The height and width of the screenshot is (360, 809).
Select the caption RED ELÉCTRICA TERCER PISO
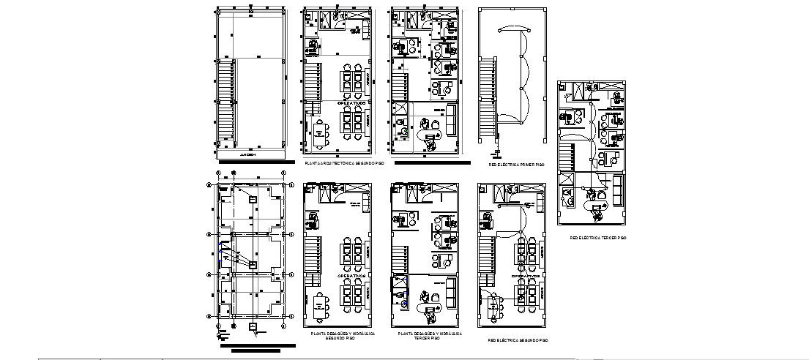pos(598,238)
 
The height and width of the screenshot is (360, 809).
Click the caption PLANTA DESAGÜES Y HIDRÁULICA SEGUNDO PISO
pos(343,335)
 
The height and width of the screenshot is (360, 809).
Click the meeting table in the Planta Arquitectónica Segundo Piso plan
pos(320,132)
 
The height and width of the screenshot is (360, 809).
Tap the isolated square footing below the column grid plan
pos(253,326)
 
